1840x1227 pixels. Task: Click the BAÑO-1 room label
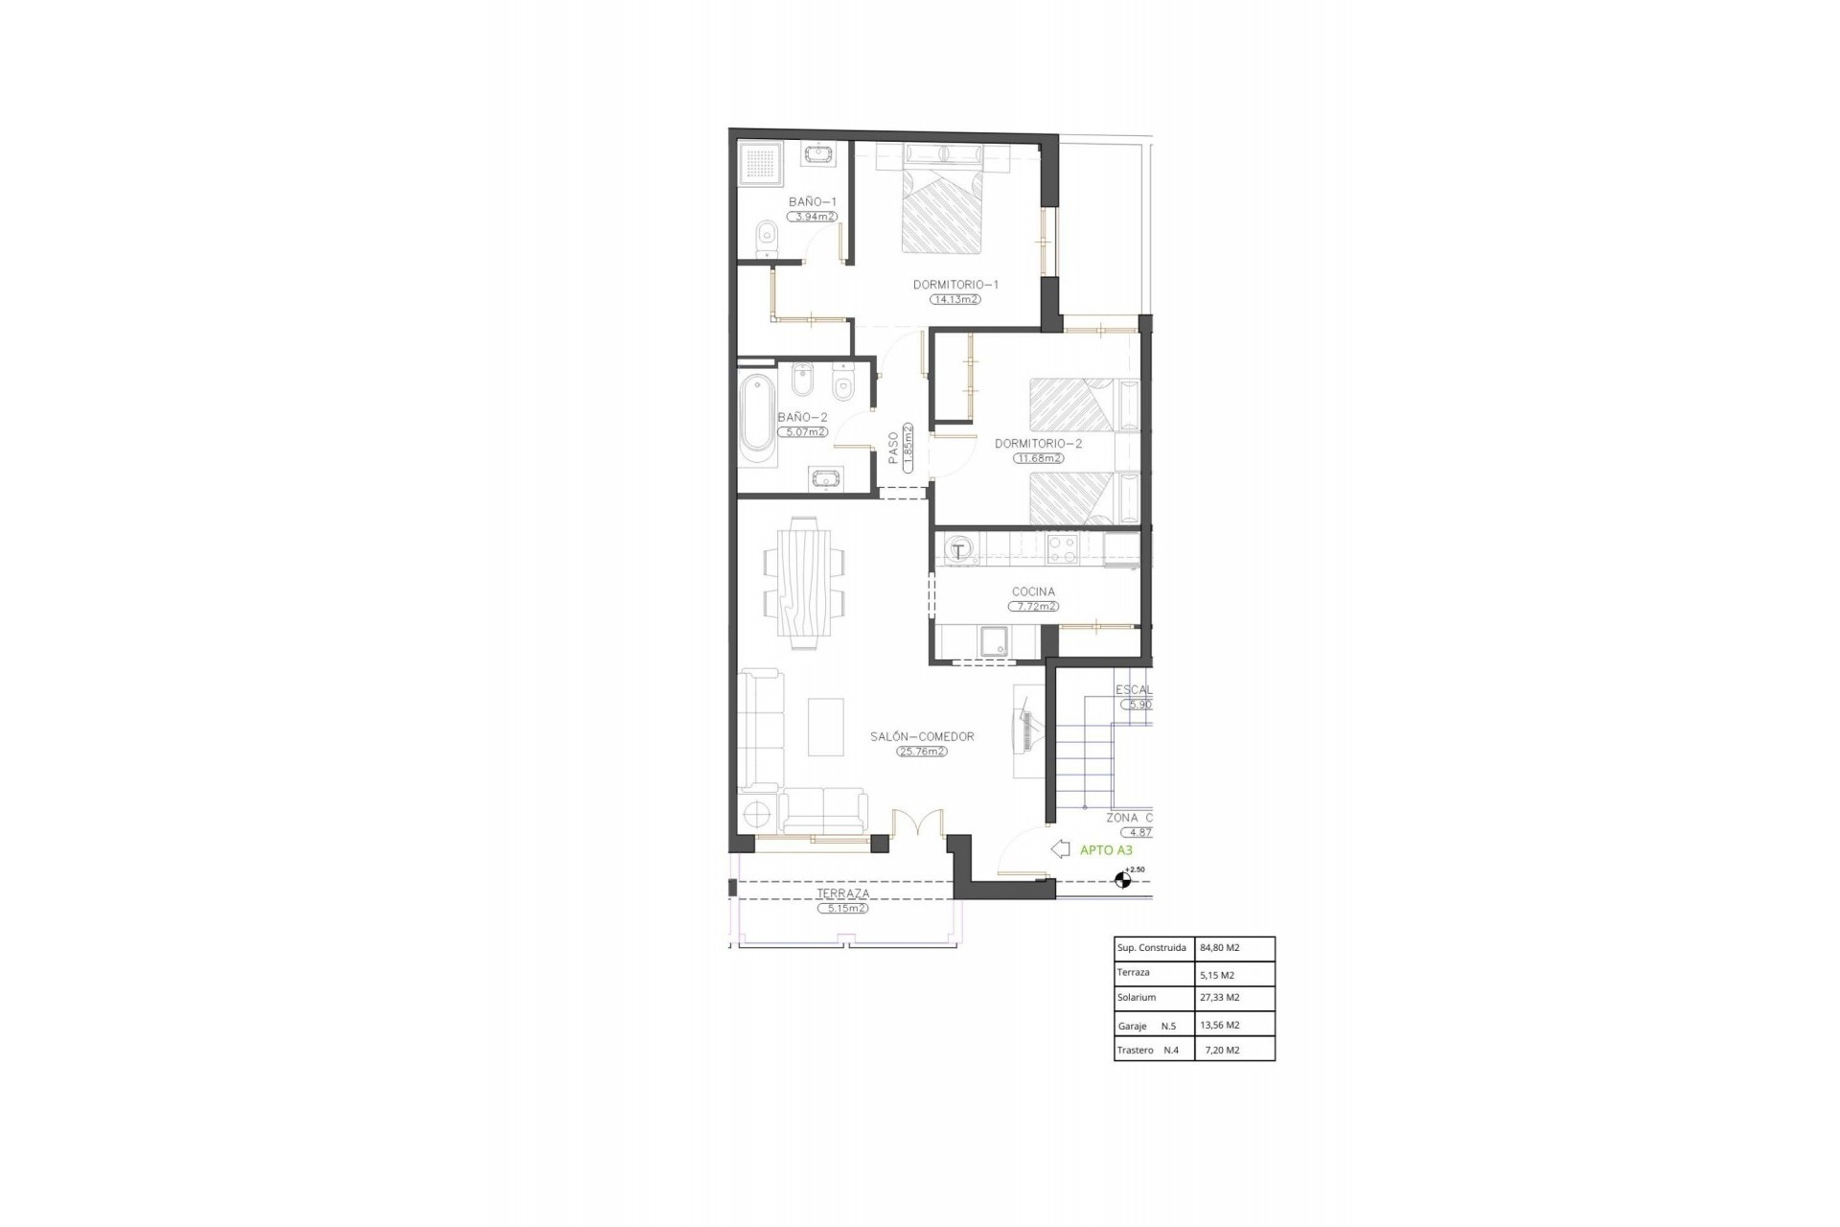(813, 201)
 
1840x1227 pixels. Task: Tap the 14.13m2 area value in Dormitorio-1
(954, 299)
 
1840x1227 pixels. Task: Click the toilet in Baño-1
(766, 238)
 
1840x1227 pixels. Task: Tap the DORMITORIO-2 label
(1038, 444)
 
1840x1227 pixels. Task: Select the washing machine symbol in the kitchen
(958, 550)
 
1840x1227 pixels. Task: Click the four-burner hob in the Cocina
(1062, 548)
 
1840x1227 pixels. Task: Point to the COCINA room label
(1033, 592)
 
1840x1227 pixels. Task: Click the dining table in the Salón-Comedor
(804, 583)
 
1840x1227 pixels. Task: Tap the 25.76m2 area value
(922, 752)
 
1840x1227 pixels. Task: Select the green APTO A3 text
(1106, 850)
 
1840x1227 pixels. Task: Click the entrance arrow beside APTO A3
(1060, 849)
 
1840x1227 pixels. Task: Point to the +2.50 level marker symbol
(1122, 879)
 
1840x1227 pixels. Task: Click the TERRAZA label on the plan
(842, 893)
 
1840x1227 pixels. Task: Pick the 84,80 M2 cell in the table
(1219, 948)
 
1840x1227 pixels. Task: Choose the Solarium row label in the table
(1137, 998)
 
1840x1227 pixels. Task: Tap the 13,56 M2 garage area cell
(1219, 1025)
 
